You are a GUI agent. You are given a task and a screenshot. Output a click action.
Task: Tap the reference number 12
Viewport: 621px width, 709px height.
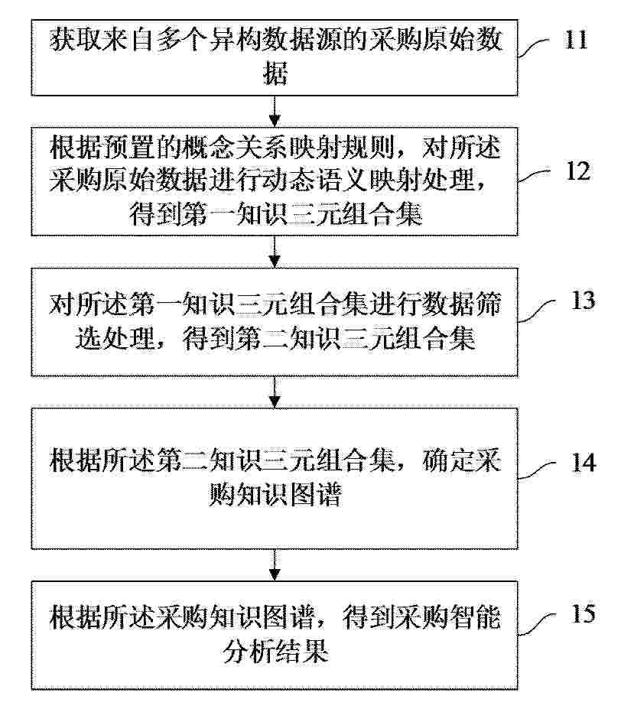pyautogui.click(x=578, y=171)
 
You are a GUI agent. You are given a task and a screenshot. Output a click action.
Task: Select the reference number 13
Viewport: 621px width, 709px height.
pyautogui.click(x=583, y=300)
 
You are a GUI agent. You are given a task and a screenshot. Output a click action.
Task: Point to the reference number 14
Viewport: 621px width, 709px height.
pyautogui.click(x=584, y=463)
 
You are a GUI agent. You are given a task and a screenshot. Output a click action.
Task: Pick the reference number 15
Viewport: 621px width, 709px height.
pyautogui.click(x=583, y=613)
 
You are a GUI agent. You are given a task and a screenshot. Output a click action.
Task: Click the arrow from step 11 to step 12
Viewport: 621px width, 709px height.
pyautogui.click(x=275, y=111)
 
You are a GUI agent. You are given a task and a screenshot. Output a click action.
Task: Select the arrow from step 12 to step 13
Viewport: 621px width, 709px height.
pyautogui.click(x=275, y=252)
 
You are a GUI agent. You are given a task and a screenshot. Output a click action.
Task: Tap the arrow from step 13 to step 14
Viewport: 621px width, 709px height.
pyautogui.click(x=275, y=392)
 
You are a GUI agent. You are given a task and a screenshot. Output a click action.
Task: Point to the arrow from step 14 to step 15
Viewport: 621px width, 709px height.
pyautogui.click(x=275, y=565)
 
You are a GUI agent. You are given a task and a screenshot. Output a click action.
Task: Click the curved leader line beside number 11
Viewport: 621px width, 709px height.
pyautogui.click(x=535, y=47)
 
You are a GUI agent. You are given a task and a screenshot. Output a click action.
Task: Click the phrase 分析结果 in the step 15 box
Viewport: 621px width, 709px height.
pyautogui.click(x=275, y=651)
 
